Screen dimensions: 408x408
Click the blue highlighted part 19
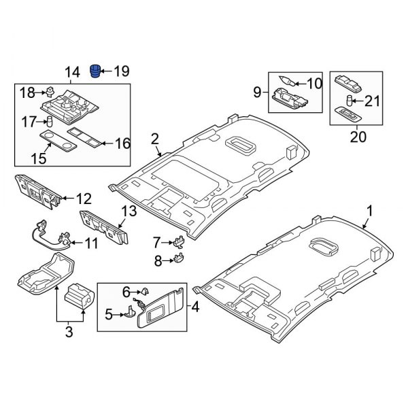[x=96, y=71]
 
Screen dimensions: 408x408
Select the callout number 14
[x=71, y=71]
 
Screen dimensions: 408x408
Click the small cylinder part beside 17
[x=50, y=121]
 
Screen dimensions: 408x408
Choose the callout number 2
[x=155, y=139]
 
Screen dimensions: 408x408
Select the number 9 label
[x=258, y=90]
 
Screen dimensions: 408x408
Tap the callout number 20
[x=358, y=137]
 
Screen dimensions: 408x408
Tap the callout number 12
[x=83, y=199]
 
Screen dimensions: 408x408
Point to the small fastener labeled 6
[x=145, y=292]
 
